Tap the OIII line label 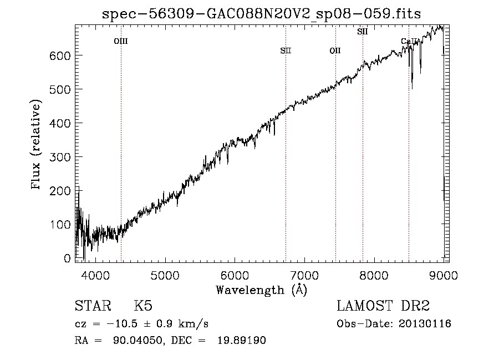pos(121,41)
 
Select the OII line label pos(335,50)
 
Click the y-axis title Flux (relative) pos(37,145)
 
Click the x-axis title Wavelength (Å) pos(261,290)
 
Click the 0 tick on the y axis pos(67,258)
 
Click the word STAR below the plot pos(92,306)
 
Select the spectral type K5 pos(143,306)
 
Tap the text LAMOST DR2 pos(383,306)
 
